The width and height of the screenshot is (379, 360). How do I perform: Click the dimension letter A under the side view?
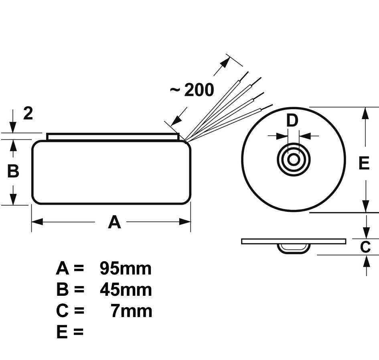(114, 222)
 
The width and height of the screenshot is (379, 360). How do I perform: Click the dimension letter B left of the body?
(13, 171)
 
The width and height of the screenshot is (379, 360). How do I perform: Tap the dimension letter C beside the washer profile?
(365, 247)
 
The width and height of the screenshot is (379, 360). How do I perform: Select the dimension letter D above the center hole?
(293, 120)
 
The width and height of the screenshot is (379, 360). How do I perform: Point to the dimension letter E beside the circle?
(364, 163)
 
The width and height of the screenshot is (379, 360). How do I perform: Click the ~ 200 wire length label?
(192, 90)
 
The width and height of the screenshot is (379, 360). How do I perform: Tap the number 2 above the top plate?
(28, 114)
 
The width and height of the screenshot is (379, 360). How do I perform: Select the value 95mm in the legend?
(126, 268)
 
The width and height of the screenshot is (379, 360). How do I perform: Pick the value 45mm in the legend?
(126, 290)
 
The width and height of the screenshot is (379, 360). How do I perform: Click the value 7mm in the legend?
(131, 311)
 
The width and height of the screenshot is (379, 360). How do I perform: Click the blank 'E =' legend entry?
(70, 332)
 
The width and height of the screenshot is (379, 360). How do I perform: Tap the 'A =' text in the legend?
(70, 268)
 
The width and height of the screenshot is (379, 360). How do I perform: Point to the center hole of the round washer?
(294, 159)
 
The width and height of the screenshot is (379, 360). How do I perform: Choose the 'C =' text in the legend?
(70, 311)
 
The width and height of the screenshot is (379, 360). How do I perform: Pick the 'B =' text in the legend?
(70, 290)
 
